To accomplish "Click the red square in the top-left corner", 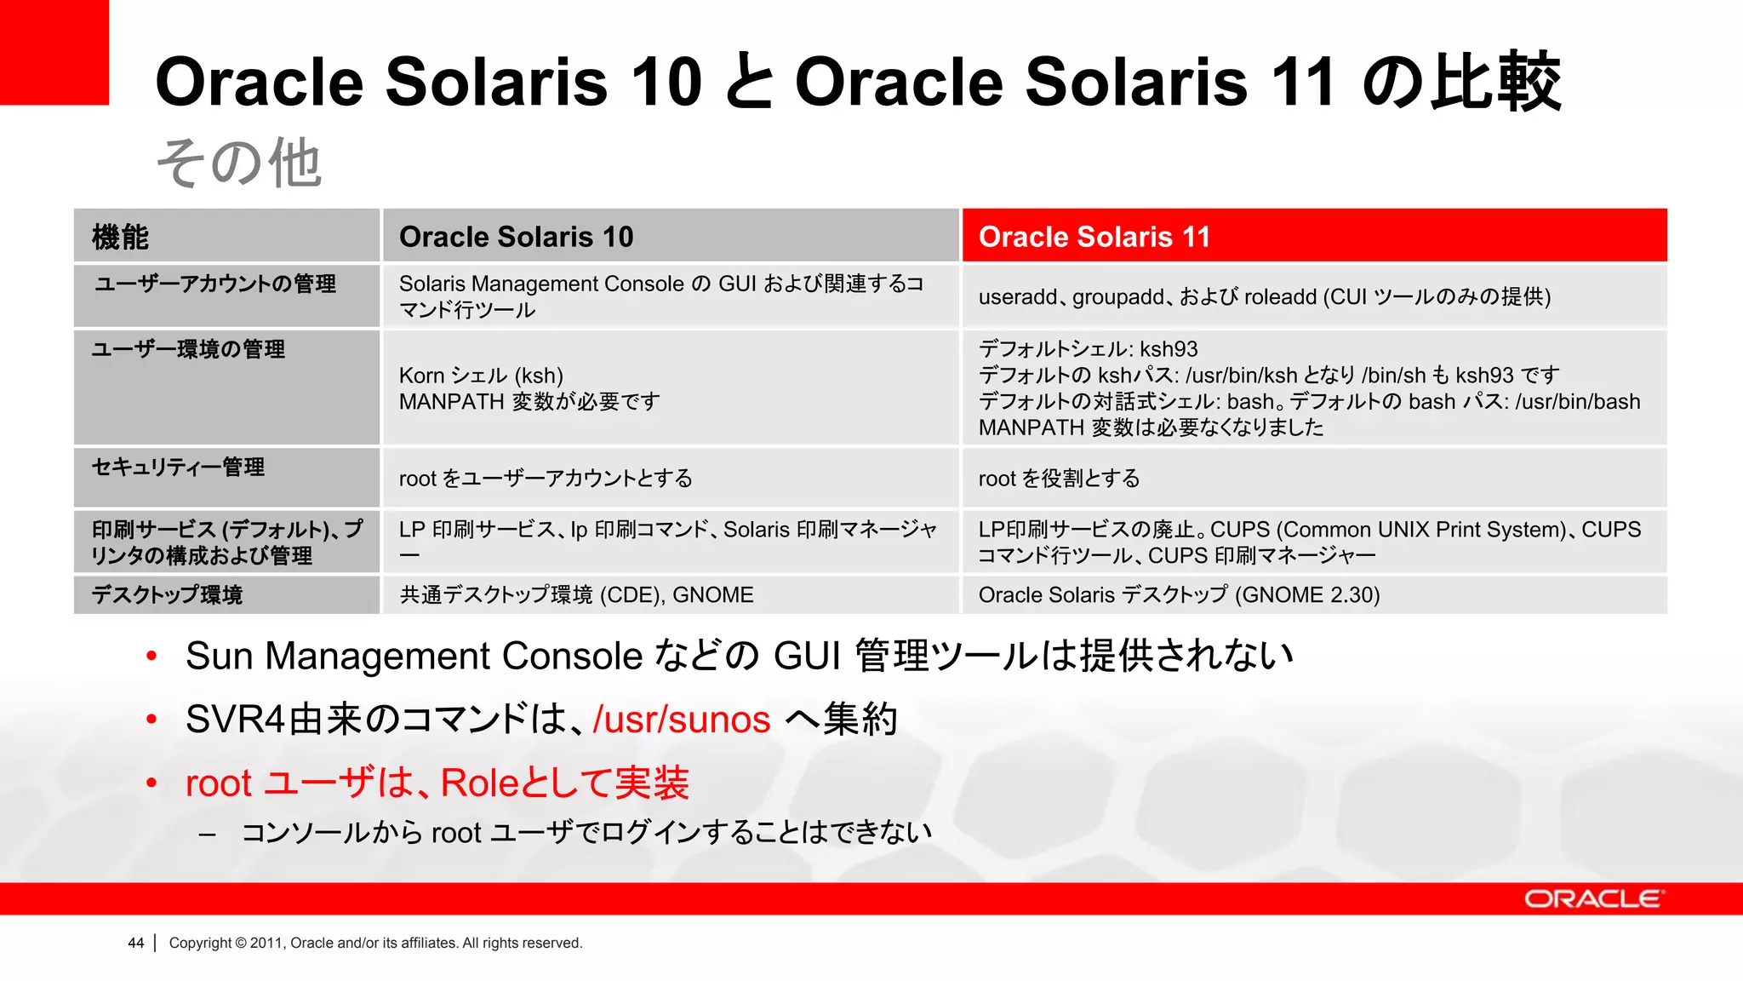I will [x=54, y=51].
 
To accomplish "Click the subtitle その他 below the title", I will [x=238, y=163].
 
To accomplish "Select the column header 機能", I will [x=120, y=237].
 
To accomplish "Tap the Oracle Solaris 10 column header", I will [x=516, y=237].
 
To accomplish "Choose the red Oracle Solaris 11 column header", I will [x=1094, y=237].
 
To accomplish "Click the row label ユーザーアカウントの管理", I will [x=215, y=284].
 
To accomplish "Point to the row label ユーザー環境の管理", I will [x=188, y=349].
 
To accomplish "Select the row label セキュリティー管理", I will [x=178, y=467].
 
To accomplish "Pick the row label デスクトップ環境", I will [x=167, y=594].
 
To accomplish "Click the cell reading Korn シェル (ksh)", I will [x=481, y=376].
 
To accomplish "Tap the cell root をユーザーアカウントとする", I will [x=546, y=479].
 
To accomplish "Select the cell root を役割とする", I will [x=1059, y=479].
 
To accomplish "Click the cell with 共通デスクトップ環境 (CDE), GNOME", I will [x=576, y=594].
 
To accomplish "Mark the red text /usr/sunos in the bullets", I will [x=682, y=720].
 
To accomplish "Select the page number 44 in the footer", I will [x=136, y=943].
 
